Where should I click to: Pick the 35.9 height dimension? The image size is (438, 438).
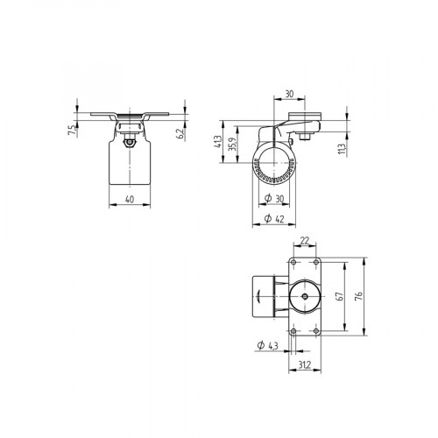pyautogui.click(x=233, y=145)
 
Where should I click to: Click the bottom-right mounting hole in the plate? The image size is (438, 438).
pyautogui.click(x=314, y=331)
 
